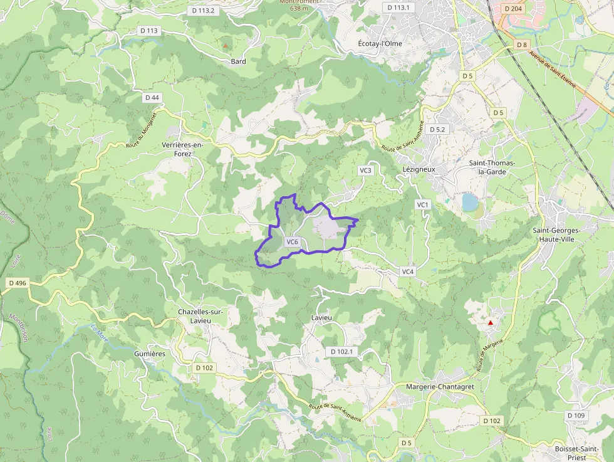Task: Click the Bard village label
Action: pyautogui.click(x=238, y=61)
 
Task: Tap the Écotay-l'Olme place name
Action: pyautogui.click(x=380, y=44)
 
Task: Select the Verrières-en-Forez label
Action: pyautogui.click(x=182, y=149)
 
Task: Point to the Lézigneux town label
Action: pyautogui.click(x=419, y=170)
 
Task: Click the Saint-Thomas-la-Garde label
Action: pyautogui.click(x=492, y=167)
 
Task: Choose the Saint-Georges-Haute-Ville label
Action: pyautogui.click(x=556, y=234)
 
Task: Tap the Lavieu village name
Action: pyautogui.click(x=321, y=318)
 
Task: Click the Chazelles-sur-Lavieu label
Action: pyautogui.click(x=200, y=316)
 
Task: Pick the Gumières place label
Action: pyautogui.click(x=150, y=354)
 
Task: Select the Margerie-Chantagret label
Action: pyautogui.click(x=440, y=387)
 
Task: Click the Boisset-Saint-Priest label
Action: pyautogui.click(x=580, y=453)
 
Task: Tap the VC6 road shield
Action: pyautogui.click(x=292, y=242)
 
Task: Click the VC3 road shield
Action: pyautogui.click(x=365, y=171)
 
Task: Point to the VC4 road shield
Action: pyautogui.click(x=407, y=271)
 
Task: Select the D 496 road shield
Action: pyautogui.click(x=18, y=283)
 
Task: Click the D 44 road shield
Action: pyautogui.click(x=152, y=98)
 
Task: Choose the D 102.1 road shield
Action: pyautogui.click(x=341, y=352)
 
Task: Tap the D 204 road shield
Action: pyautogui.click(x=513, y=9)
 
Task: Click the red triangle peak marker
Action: pyautogui.click(x=491, y=323)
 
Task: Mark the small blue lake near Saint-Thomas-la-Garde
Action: pyautogui.click(x=469, y=202)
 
